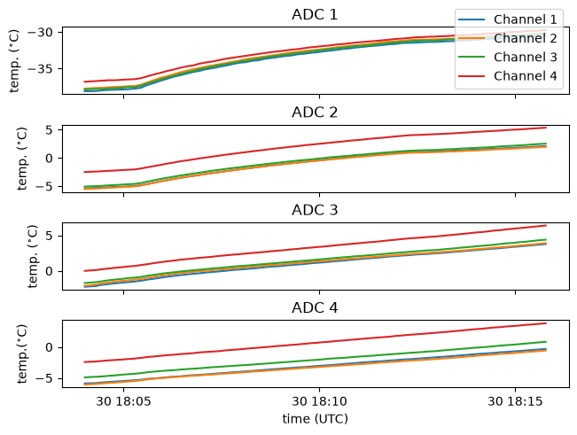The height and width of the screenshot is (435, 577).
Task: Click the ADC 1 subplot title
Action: click(315, 15)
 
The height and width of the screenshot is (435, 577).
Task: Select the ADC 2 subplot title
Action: click(315, 113)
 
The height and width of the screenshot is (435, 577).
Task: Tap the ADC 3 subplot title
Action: click(315, 210)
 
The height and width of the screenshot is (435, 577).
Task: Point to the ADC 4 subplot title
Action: click(315, 307)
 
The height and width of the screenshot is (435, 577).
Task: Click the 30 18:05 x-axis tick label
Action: click(124, 401)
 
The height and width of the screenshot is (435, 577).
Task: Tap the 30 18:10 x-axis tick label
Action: click(319, 401)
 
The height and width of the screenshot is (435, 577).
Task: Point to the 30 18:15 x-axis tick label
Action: click(515, 401)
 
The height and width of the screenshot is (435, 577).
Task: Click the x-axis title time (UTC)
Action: click(315, 419)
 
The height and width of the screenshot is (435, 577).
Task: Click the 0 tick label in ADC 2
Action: click(50, 159)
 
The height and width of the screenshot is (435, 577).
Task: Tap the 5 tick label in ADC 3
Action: click(50, 236)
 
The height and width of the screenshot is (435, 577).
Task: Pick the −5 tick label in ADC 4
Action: click(44, 378)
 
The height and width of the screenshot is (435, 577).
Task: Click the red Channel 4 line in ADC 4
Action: click(315, 343)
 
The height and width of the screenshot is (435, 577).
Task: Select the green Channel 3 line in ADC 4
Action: click(315, 361)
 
